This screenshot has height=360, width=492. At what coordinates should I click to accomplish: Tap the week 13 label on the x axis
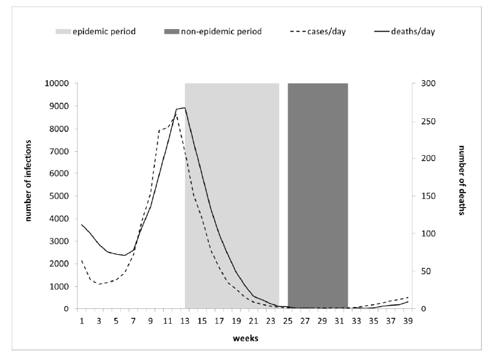coord(184,319)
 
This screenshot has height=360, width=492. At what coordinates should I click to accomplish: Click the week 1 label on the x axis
coord(81,319)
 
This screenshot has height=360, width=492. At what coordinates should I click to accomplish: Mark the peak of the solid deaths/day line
coord(185,108)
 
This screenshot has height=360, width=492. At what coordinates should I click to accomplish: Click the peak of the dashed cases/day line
coord(176,114)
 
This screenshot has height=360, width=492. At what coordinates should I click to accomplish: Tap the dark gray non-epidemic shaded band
coord(317,194)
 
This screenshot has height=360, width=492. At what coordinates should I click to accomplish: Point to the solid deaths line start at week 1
coord(81,224)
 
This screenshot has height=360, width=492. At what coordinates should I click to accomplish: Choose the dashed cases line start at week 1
coord(81,260)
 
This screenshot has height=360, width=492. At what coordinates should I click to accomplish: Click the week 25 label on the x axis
coord(288,319)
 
